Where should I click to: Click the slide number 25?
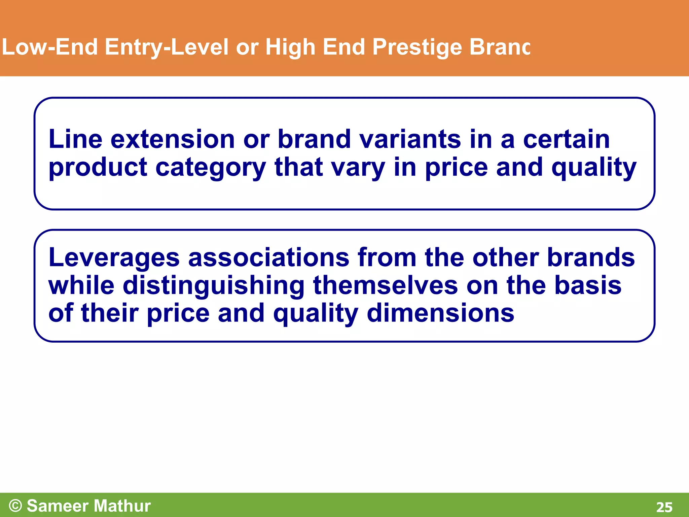[x=664, y=507]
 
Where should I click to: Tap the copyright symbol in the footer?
[x=15, y=506]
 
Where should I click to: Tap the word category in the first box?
[x=211, y=167]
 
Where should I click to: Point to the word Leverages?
[x=114, y=257]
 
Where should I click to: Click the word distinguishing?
[x=214, y=285]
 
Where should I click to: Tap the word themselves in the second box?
[x=386, y=285]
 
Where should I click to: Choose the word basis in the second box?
[x=588, y=285]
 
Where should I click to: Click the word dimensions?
[x=440, y=313]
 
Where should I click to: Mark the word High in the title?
[x=290, y=47]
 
